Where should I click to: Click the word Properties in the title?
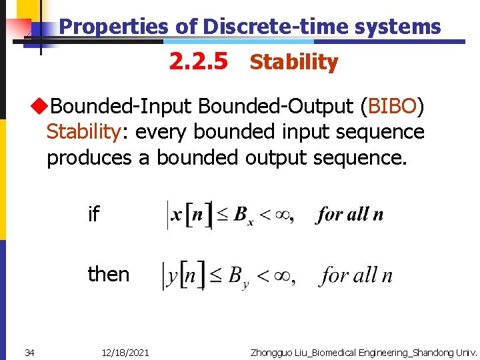[x=113, y=27]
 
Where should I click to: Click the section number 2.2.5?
[x=198, y=62]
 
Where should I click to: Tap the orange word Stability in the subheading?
[x=294, y=63]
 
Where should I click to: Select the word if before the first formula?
[x=93, y=215]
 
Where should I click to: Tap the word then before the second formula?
[x=109, y=274]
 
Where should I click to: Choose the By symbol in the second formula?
[x=236, y=277]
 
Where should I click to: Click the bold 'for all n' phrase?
[x=351, y=215]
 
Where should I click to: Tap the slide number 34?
[x=29, y=352]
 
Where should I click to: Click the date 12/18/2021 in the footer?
[x=125, y=352]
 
